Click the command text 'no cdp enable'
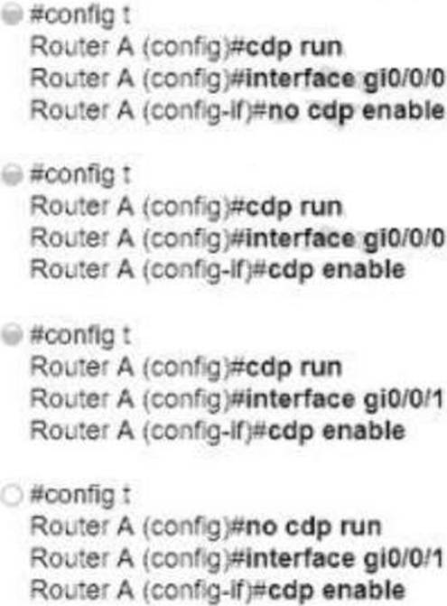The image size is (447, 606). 356,111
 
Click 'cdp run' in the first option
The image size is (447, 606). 294,48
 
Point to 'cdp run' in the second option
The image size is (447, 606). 294,208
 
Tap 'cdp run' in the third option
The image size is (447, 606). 294,368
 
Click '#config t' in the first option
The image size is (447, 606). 80,16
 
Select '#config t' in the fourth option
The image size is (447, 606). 80,496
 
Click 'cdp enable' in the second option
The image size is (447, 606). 337,270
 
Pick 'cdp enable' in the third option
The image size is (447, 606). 337,430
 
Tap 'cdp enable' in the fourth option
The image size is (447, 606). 337,590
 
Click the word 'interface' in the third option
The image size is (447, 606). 300,398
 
